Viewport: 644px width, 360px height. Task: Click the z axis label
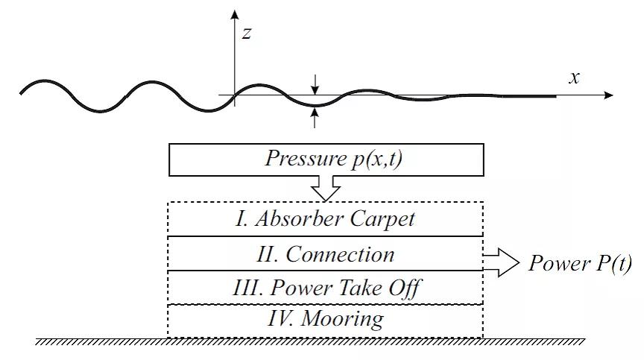tap(246, 32)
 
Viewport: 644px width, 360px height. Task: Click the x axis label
tap(575, 78)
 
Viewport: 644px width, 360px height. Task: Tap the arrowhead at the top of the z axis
tap(235, 14)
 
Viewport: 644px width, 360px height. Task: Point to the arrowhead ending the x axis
tap(609, 95)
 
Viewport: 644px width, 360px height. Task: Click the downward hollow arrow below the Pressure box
tap(326, 188)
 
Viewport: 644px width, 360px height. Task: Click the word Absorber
tap(293, 220)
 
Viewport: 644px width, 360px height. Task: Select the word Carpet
tap(375, 220)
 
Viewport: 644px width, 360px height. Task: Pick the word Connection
tap(341, 254)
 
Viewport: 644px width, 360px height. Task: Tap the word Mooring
tap(347, 320)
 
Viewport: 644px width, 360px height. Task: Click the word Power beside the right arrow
tap(556, 263)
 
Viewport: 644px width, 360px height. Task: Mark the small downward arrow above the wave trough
tap(316, 83)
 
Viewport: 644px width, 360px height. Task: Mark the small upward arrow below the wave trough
tap(316, 116)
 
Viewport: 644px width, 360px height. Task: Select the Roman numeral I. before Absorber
tap(241, 220)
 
